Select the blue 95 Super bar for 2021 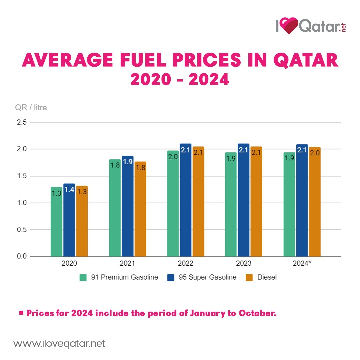point(127,206)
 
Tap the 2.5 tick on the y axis point(21,122)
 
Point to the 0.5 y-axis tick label point(21,230)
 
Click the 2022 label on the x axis point(185,263)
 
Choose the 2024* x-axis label point(302,263)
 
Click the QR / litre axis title point(31,108)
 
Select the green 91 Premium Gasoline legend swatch point(83,277)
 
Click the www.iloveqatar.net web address point(59,343)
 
